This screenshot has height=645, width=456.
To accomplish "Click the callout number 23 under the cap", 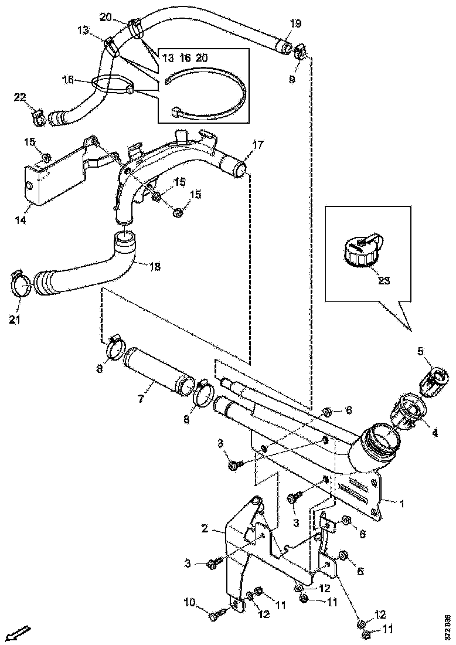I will click(383, 280).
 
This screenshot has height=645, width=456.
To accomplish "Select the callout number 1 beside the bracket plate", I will click(402, 503).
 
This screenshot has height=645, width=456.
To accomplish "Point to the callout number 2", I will click(205, 528).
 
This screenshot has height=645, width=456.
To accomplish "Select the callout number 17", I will click(258, 144).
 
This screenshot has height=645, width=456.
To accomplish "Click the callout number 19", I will click(296, 23).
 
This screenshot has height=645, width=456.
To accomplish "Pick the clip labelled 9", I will click(298, 52).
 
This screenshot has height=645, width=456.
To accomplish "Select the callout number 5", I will click(420, 352).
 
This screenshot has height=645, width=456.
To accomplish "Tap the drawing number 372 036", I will click(448, 626).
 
